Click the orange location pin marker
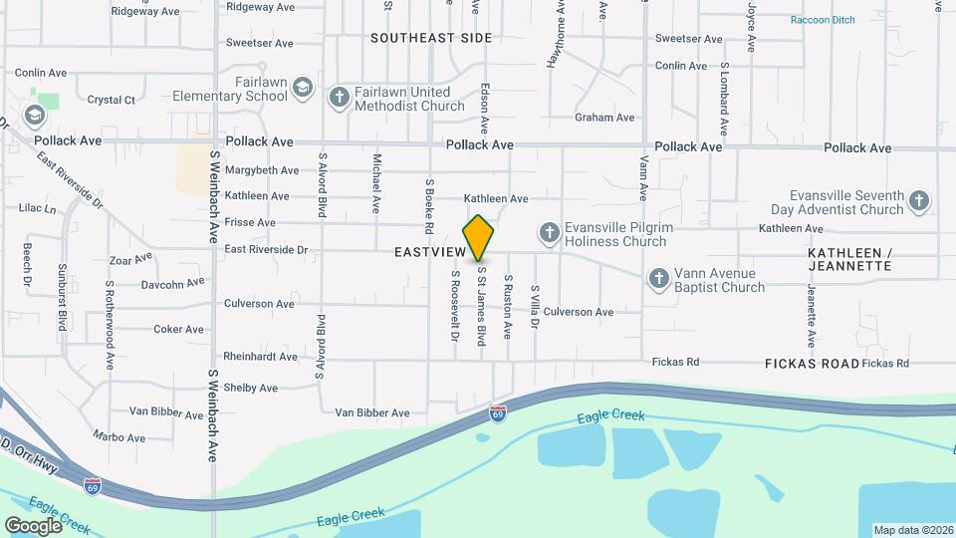click(479, 237)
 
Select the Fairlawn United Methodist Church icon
click(339, 97)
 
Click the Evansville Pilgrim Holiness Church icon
click(548, 233)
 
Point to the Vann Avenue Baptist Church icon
click(657, 279)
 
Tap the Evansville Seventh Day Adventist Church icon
click(919, 202)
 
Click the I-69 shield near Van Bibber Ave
click(497, 411)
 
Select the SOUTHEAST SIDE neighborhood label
click(431, 38)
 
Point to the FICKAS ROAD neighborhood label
click(812, 364)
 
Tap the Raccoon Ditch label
click(824, 20)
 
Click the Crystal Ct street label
click(111, 100)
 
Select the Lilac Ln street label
click(37, 208)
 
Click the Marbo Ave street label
click(119, 437)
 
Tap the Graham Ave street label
click(604, 118)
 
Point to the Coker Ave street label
click(178, 329)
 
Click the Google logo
click(33, 525)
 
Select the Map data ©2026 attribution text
click(912, 530)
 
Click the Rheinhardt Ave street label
click(260, 356)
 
